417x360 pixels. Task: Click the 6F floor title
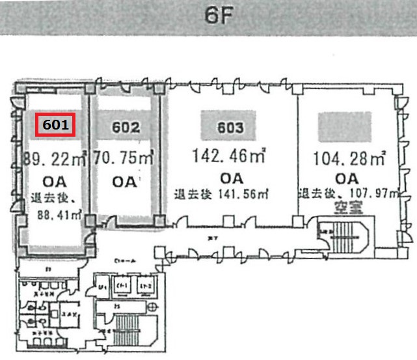[x=214, y=16]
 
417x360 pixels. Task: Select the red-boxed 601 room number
[x=56, y=126]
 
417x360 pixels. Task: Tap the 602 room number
[x=126, y=128]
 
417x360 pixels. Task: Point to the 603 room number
[x=231, y=128]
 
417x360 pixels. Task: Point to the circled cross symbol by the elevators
[x=152, y=307]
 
